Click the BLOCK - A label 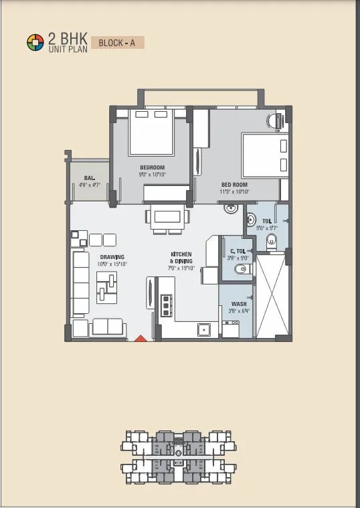(116, 43)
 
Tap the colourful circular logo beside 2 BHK (34, 43)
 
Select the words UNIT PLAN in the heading (64, 50)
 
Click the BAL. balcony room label (89, 181)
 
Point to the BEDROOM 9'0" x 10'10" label (153, 171)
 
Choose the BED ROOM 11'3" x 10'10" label (235, 187)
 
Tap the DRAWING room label (112, 260)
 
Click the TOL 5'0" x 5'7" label (266, 224)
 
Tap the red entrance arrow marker (140, 339)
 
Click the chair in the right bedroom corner (274, 122)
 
